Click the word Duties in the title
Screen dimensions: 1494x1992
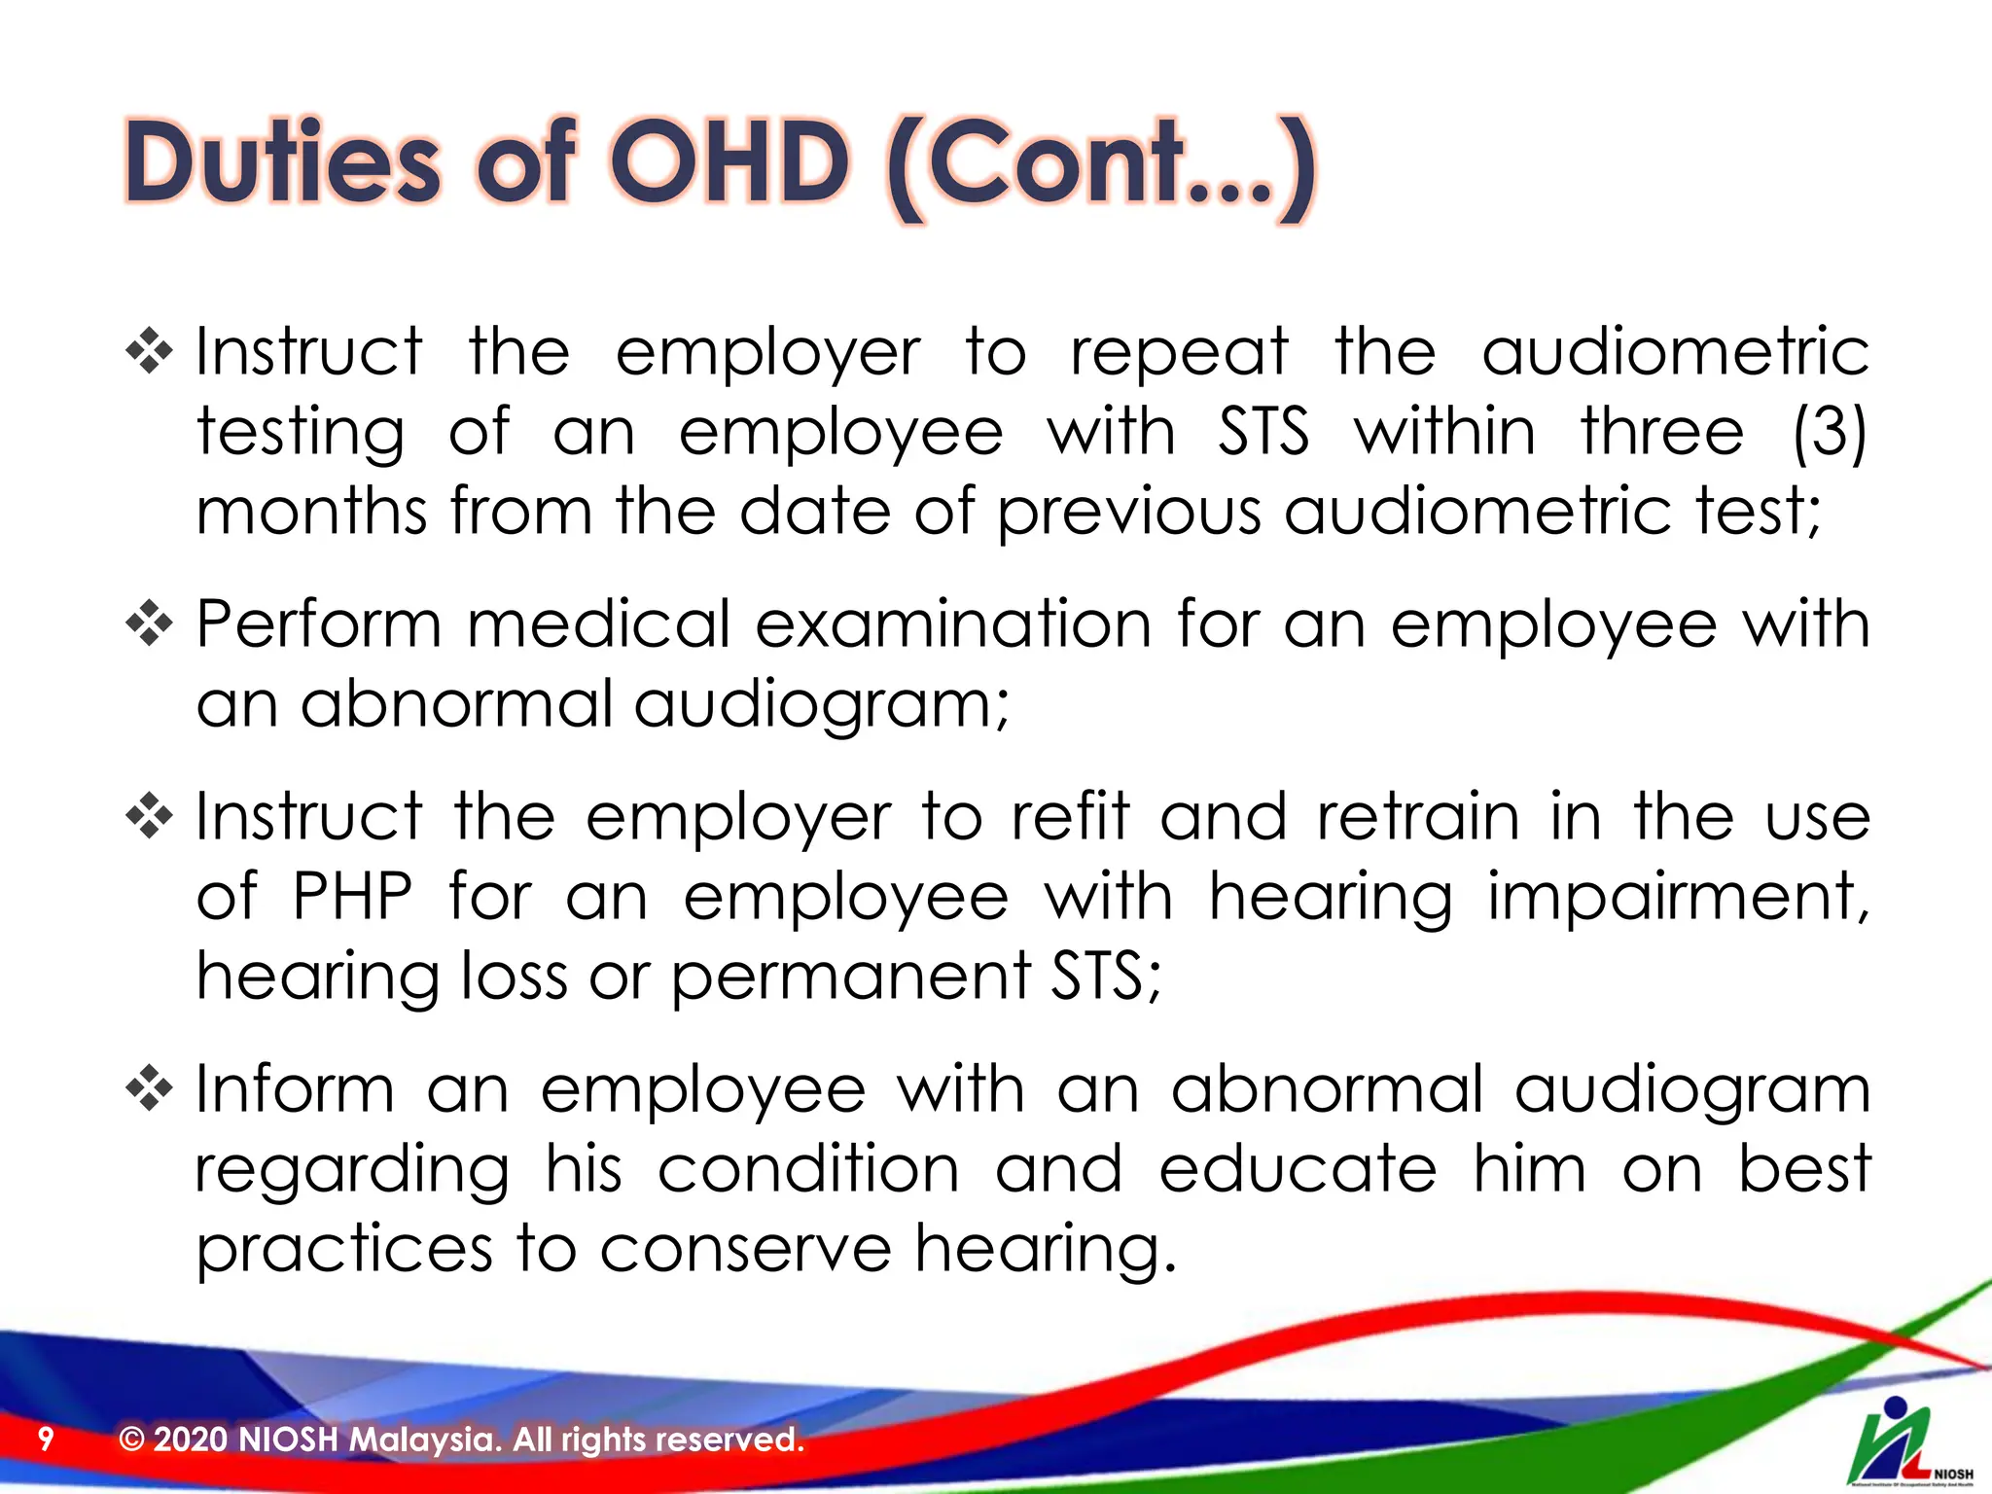point(282,163)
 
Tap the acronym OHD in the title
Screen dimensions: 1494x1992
point(729,163)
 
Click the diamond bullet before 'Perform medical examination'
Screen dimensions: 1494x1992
point(150,623)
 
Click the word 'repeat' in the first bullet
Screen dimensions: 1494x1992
point(1179,352)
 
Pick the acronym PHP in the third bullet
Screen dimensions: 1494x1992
point(352,895)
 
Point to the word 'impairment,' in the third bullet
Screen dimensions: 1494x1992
point(1678,897)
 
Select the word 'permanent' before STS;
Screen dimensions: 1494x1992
point(851,977)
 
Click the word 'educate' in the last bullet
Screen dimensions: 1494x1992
point(1298,1169)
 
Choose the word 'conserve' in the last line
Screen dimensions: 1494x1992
point(745,1249)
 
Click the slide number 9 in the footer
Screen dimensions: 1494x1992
point(46,1439)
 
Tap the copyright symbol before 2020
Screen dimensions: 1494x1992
point(131,1440)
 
